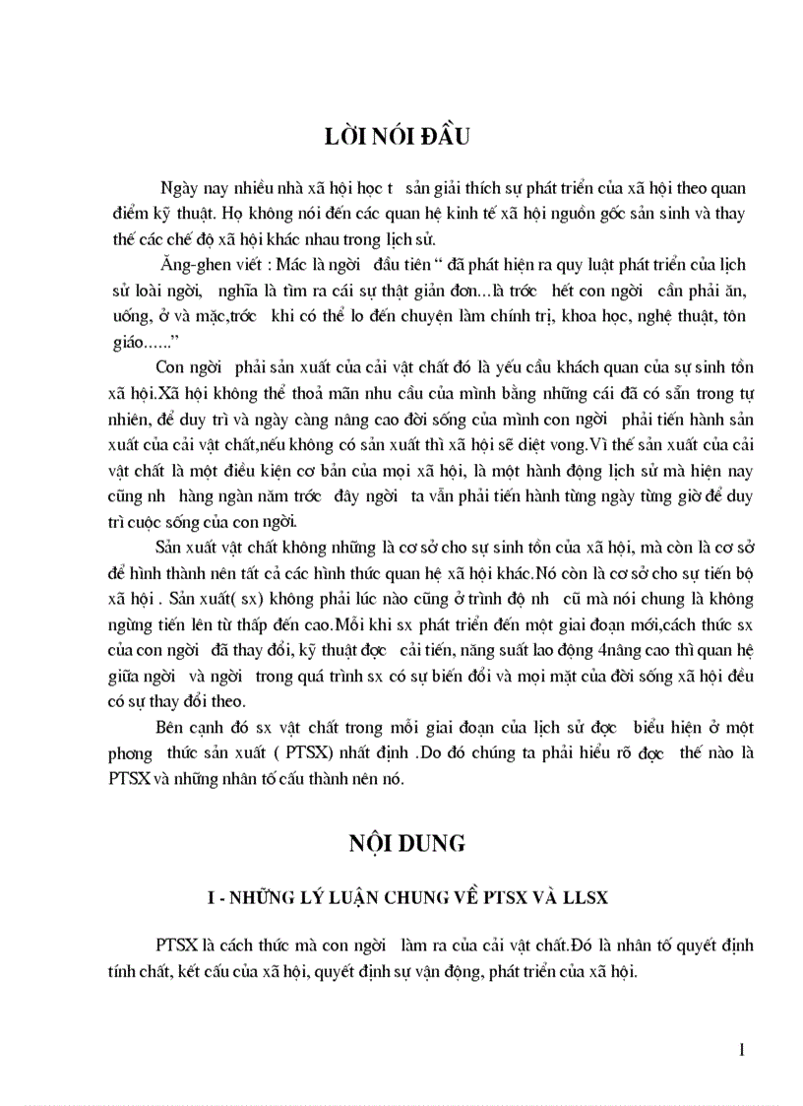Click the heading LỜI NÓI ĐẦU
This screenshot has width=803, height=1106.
(399, 137)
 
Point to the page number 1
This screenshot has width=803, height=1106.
(741, 1050)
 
